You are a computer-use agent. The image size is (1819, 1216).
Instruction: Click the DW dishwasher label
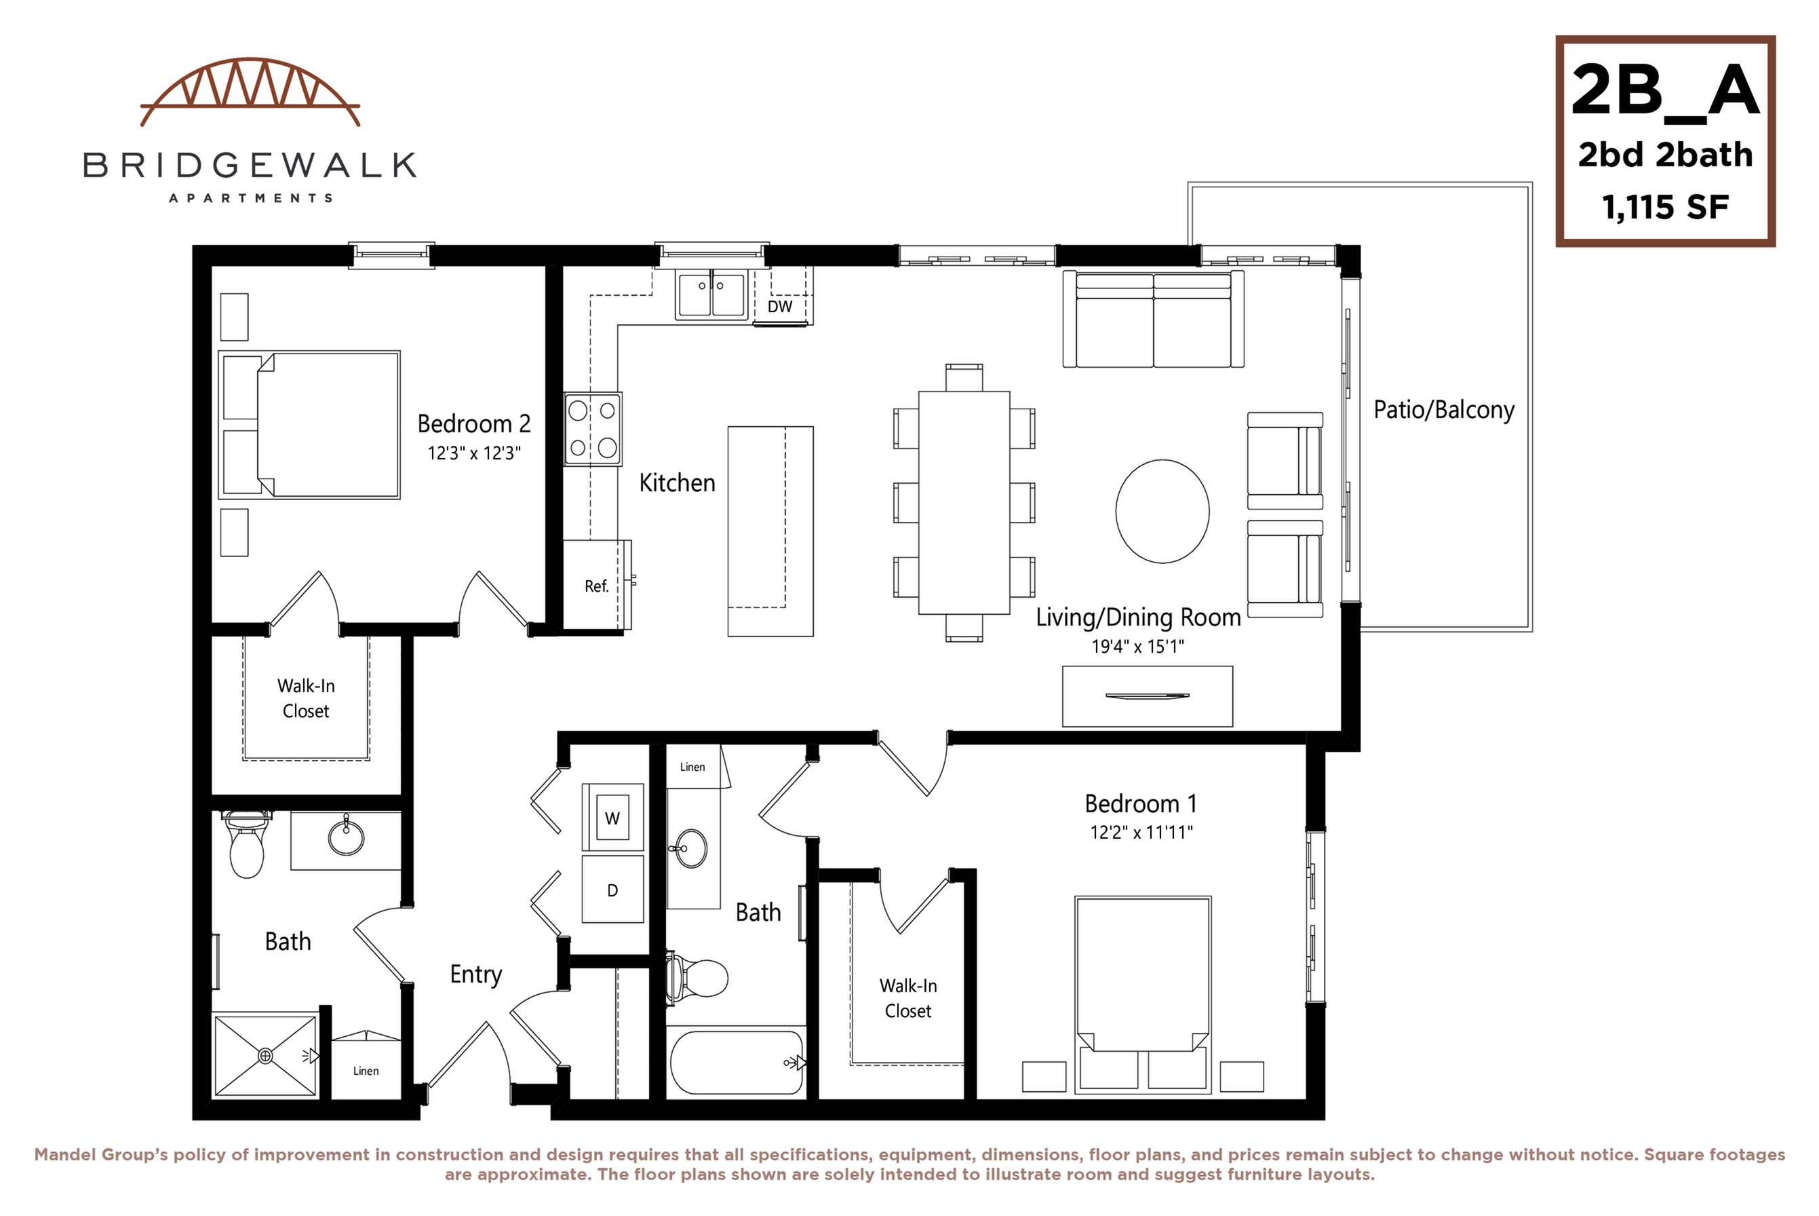pyautogui.click(x=780, y=306)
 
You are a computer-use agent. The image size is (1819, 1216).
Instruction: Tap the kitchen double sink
pyautogui.click(x=711, y=294)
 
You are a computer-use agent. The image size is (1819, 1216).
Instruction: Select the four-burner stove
pyautogui.click(x=593, y=429)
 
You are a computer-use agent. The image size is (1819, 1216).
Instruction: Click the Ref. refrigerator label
pyautogui.click(x=596, y=586)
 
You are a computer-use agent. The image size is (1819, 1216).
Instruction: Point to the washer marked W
pyautogui.click(x=612, y=818)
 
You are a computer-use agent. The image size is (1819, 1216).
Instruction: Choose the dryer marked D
pyautogui.click(x=612, y=890)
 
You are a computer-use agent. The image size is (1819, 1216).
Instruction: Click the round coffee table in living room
pyautogui.click(x=1162, y=511)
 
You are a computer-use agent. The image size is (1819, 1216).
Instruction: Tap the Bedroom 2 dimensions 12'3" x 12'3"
pyautogui.click(x=473, y=454)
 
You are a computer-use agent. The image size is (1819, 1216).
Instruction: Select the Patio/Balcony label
pyautogui.click(x=1443, y=409)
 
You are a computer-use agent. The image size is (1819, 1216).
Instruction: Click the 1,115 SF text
pyautogui.click(x=1665, y=207)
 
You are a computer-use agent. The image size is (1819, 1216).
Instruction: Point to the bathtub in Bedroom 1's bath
pyautogui.click(x=737, y=1063)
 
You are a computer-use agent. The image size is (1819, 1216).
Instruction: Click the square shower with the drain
pyautogui.click(x=265, y=1055)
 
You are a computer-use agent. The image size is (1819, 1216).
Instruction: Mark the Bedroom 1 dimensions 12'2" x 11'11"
pyautogui.click(x=1140, y=833)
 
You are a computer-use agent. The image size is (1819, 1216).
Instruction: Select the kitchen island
pyautogui.click(x=770, y=531)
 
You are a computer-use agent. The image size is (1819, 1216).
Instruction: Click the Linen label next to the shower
pyautogui.click(x=366, y=1071)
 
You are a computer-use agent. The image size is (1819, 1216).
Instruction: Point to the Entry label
pyautogui.click(x=476, y=974)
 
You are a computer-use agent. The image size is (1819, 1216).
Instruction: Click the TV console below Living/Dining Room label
pyautogui.click(x=1146, y=696)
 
